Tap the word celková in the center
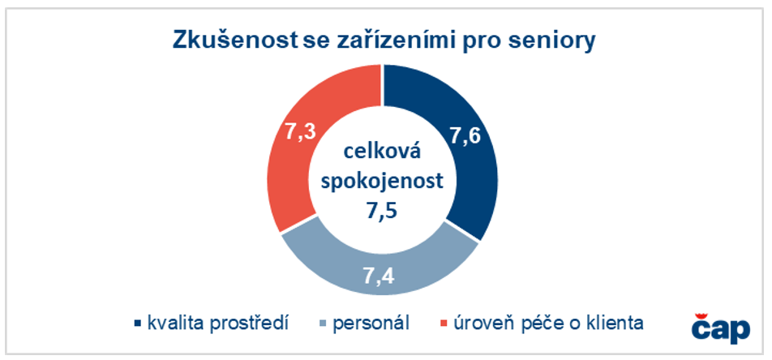382,153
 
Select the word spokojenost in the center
382,182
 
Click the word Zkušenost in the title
233,40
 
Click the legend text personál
371,324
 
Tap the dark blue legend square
138,324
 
